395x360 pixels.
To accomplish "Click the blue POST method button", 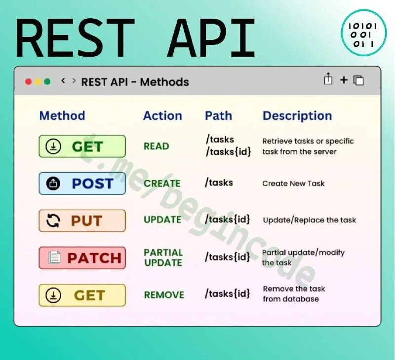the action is point(82,183).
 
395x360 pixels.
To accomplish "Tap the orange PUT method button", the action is point(82,220).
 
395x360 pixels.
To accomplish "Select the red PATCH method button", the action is point(82,257).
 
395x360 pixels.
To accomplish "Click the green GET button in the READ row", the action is point(82,146).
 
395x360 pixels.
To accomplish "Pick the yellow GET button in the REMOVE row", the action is point(82,295).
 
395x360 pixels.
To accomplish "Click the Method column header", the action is point(62,116).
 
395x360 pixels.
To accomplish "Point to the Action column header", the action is point(162,116).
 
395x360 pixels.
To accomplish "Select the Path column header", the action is point(218,116).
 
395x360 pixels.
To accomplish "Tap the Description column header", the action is point(297,116).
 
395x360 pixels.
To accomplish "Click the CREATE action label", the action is point(162,183).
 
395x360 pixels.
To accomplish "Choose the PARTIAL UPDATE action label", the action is point(163,257).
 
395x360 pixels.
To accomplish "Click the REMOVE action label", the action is point(164,295).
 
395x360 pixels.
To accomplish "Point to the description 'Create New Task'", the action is point(293,183).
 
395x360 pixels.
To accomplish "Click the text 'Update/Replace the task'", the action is point(309,220).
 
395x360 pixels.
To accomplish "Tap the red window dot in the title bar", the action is point(28,81).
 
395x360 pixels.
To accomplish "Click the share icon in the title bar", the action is point(328,79).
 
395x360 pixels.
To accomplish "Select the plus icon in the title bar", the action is point(344,80).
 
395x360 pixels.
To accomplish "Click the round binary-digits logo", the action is point(363,32).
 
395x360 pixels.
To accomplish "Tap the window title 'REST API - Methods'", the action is point(135,82).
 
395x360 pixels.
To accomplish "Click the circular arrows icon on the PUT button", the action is point(53,220).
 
